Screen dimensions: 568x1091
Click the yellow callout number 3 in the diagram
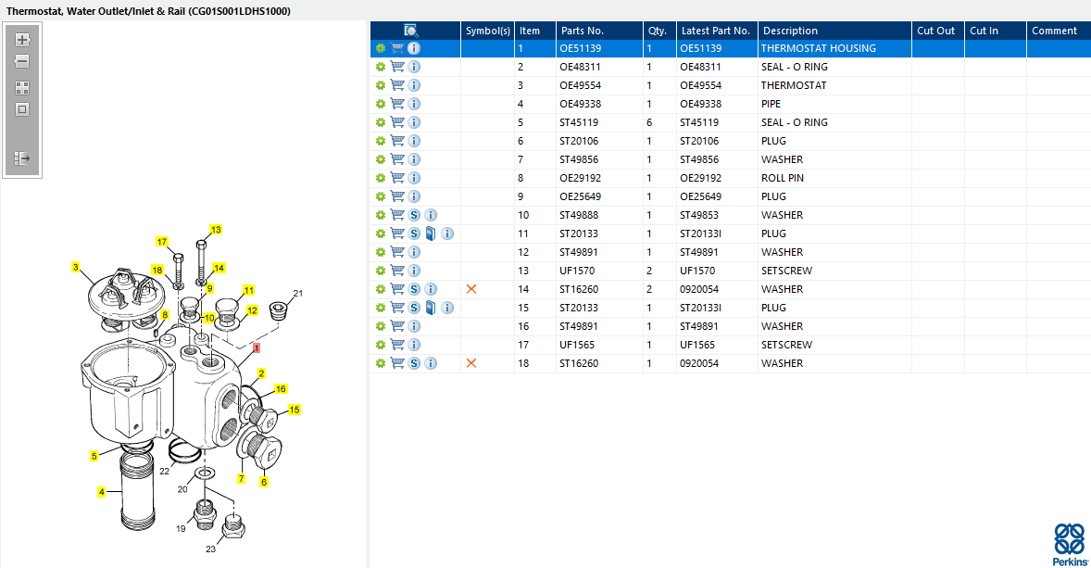click(x=76, y=267)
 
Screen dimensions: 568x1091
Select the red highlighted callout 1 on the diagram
click(x=257, y=348)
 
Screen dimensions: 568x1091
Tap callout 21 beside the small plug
click(x=297, y=294)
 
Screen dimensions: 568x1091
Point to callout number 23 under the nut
click(x=210, y=549)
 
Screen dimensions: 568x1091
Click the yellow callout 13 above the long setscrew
click(x=216, y=230)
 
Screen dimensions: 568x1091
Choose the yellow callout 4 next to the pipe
click(x=102, y=492)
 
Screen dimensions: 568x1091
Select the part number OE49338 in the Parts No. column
click(x=580, y=104)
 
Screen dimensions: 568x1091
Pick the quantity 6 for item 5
click(x=649, y=122)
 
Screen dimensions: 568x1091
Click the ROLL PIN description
click(x=783, y=178)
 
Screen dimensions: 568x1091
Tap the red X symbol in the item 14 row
click(x=471, y=289)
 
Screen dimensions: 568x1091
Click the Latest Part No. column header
click(x=716, y=31)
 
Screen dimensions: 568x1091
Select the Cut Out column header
click(x=935, y=31)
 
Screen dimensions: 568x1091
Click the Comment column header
click(x=1054, y=31)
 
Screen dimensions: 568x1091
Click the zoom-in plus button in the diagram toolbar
click(x=23, y=40)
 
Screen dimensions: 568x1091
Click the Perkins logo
click(x=1070, y=544)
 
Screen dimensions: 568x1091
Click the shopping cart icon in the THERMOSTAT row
click(x=397, y=85)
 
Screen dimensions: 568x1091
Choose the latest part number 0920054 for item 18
click(x=700, y=363)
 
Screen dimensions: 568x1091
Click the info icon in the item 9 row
click(x=414, y=196)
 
